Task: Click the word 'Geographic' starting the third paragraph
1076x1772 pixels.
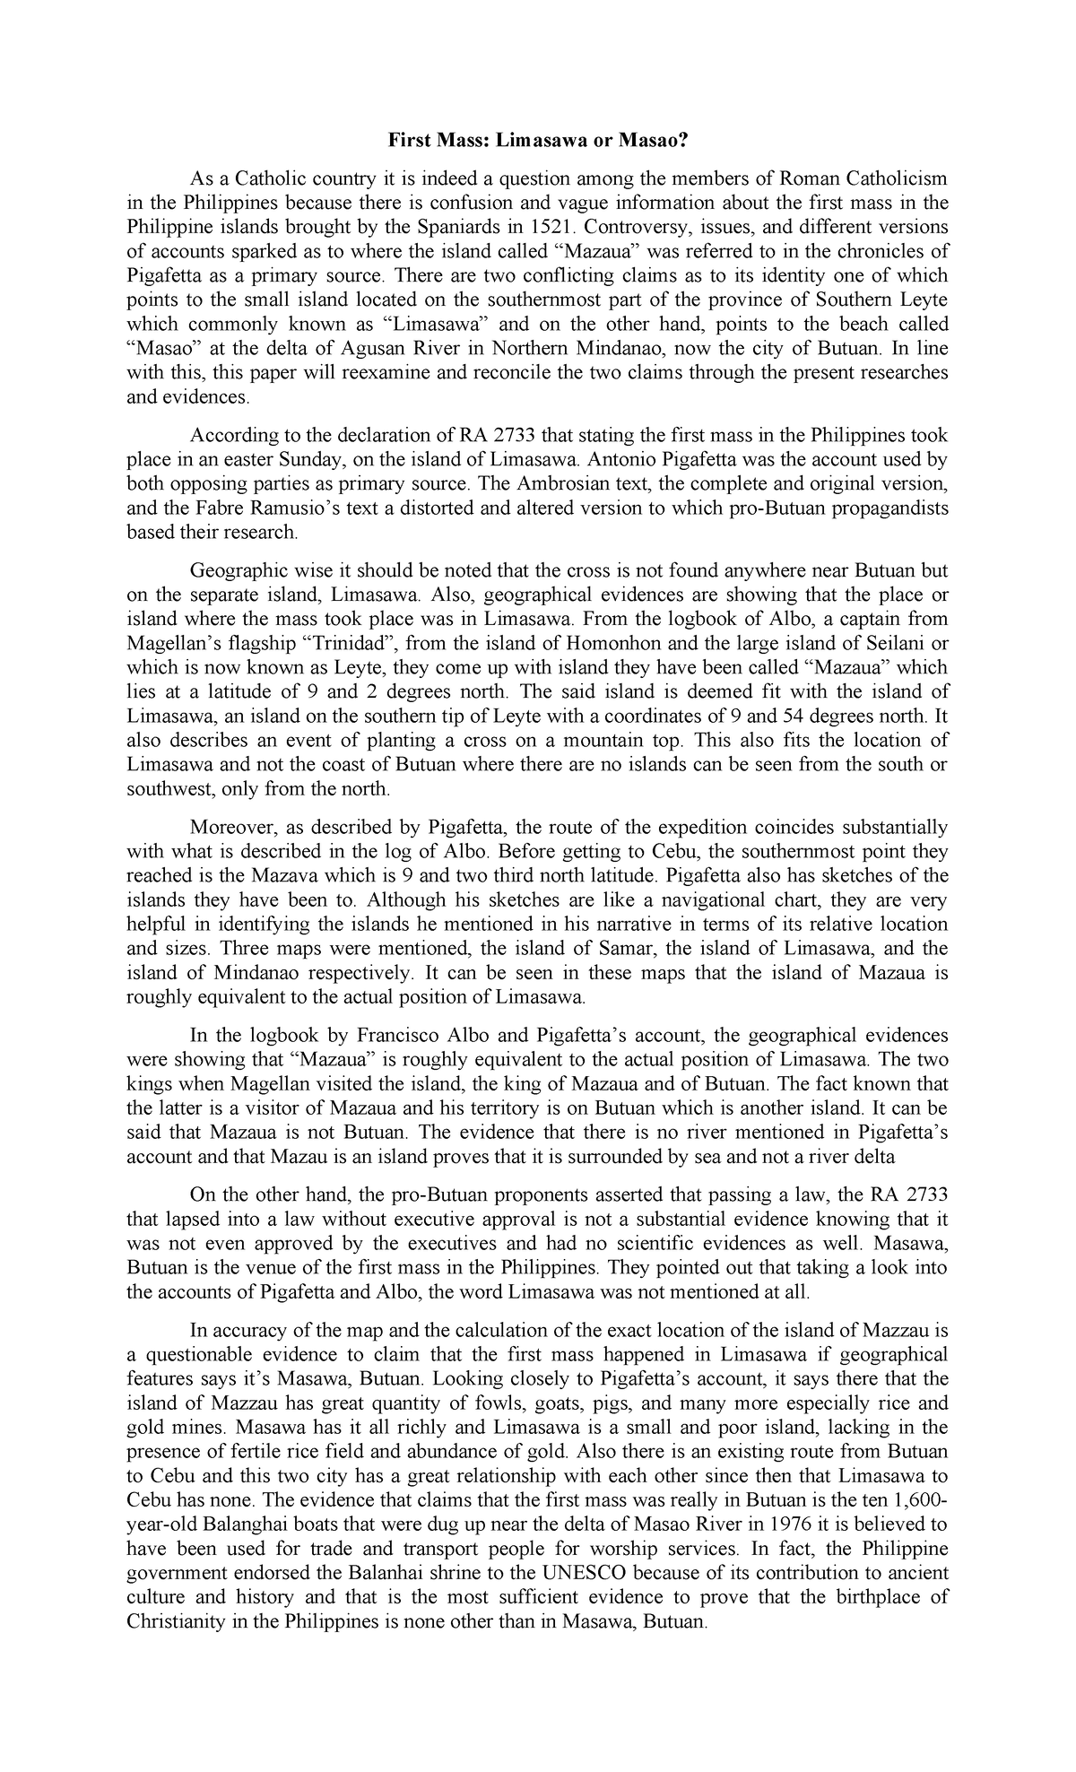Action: pyautogui.click(x=235, y=570)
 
